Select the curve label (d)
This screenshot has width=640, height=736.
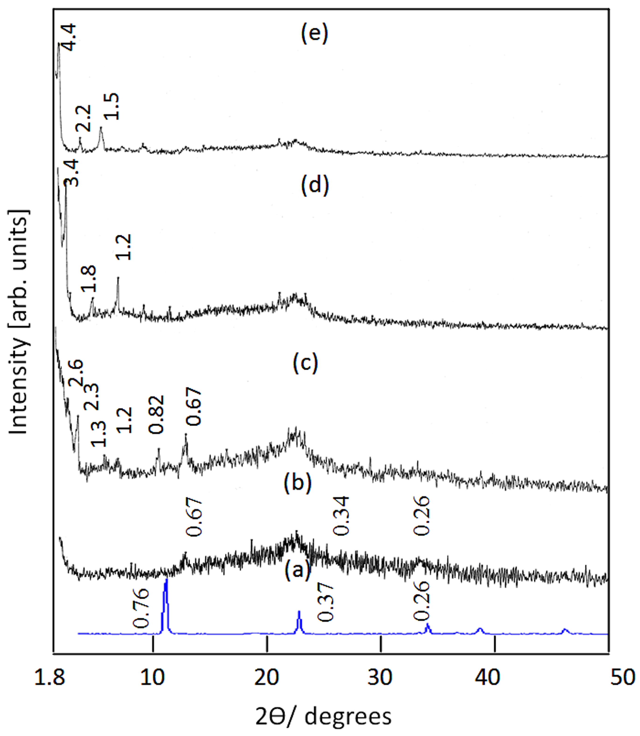[315, 186]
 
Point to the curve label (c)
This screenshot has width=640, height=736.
[305, 363]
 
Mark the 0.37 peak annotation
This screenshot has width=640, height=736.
[325, 602]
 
